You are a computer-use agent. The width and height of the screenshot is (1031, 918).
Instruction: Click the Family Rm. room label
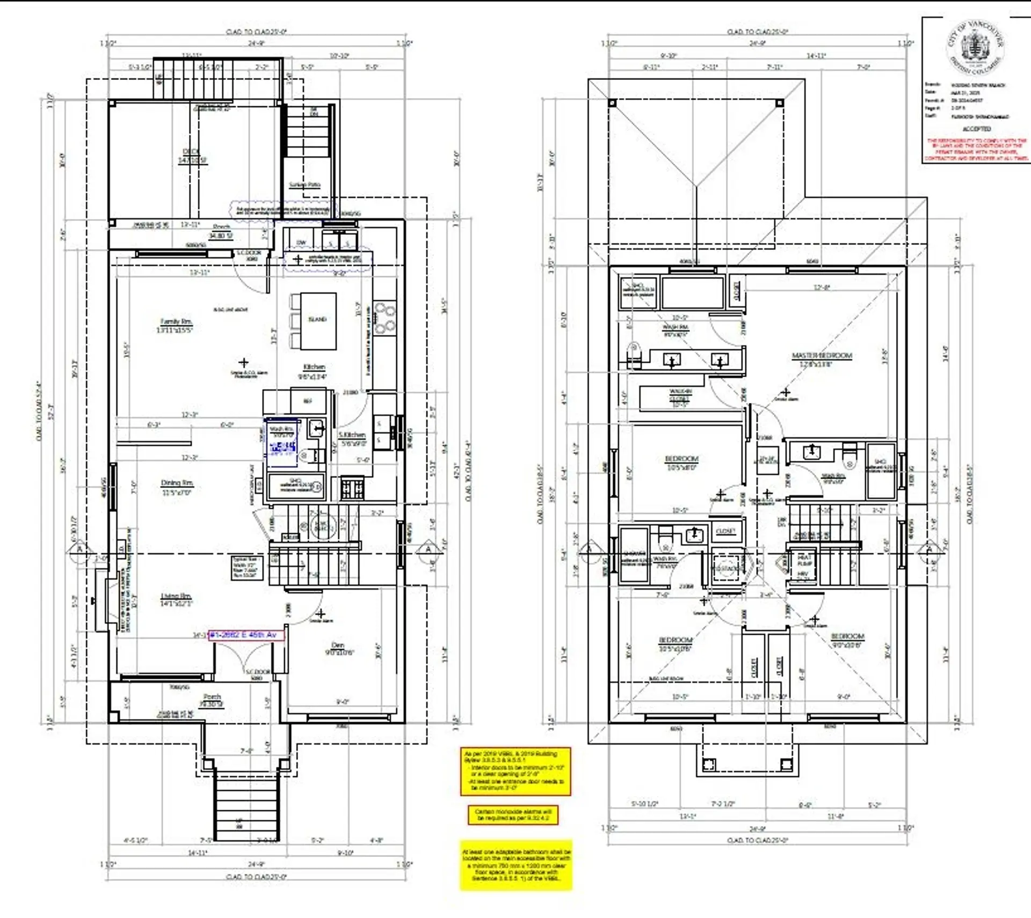coord(175,321)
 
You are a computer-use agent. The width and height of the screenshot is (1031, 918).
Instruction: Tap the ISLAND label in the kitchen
coord(317,319)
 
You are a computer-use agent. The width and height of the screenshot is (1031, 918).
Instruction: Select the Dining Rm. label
coord(177,483)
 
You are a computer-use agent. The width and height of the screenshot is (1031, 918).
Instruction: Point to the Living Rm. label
coord(176,596)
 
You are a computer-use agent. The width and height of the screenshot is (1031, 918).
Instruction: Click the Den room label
coord(338,645)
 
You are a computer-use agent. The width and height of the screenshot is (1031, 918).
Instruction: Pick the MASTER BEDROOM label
coord(822,356)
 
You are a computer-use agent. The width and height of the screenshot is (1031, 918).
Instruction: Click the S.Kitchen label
coord(352,435)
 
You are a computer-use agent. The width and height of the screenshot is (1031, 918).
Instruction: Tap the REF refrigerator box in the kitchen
coord(308,401)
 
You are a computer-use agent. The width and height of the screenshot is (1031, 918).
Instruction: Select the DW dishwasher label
coord(301,243)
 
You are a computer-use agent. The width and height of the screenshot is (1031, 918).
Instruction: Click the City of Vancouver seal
coord(976,47)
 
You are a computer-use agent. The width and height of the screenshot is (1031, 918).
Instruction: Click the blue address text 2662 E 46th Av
coord(245,635)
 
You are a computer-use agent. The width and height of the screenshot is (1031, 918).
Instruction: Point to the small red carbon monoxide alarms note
coord(513,815)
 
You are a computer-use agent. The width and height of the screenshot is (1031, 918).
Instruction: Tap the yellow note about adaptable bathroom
coord(516,865)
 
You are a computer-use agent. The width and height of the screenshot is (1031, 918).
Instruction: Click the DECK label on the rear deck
coord(191,151)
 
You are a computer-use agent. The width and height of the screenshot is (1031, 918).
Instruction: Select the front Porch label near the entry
coord(212,696)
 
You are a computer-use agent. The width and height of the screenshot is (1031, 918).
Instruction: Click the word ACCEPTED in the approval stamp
coord(976,129)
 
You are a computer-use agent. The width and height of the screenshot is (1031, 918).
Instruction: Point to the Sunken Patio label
coord(304,185)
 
